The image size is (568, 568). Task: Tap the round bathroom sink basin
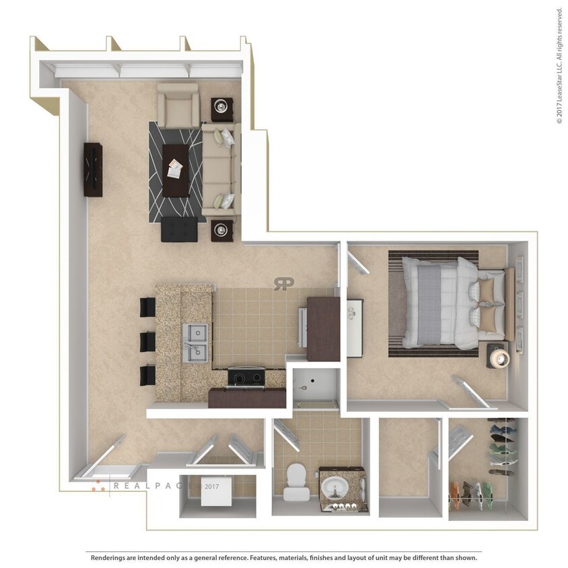coord(333,485)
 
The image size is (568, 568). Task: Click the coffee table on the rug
coord(176,169)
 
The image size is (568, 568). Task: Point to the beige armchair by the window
coord(178,106)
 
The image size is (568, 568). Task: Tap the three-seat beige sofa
coord(219,169)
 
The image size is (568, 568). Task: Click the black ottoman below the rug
coord(180,229)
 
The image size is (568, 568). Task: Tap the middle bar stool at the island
coord(148,341)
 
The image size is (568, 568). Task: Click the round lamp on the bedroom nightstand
coord(499,357)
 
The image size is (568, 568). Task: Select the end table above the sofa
coord(222,108)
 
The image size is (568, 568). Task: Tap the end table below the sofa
coord(222,231)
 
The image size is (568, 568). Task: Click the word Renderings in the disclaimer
coord(110,558)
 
